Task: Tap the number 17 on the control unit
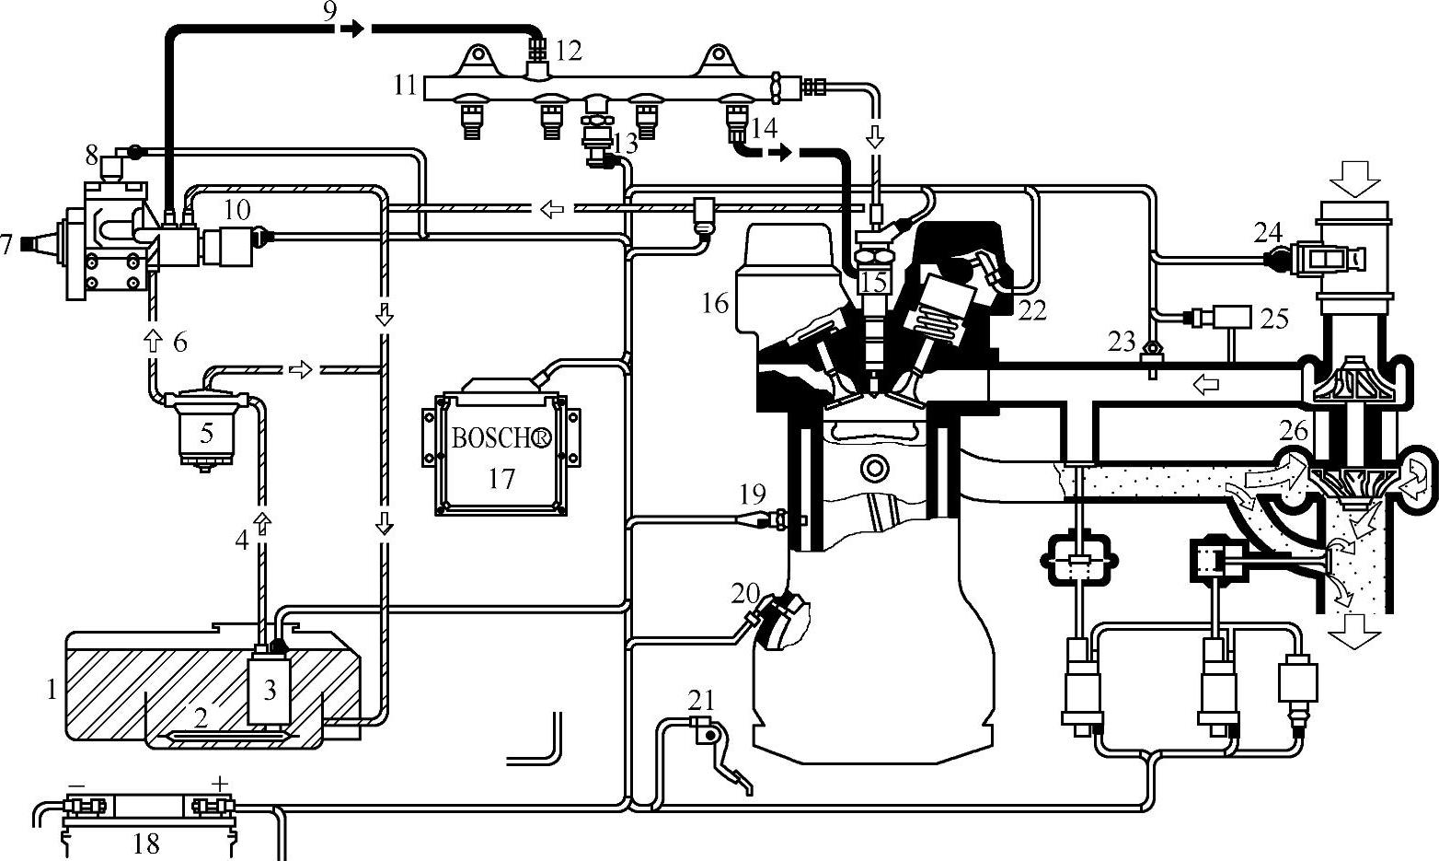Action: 501,479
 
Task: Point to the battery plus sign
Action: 219,784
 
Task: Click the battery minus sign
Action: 77,785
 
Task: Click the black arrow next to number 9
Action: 350,29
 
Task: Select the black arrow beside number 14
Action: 779,152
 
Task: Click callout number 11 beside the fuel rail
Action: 406,86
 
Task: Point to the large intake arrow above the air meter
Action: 1361,177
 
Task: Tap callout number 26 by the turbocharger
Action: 1295,430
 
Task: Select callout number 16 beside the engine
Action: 715,302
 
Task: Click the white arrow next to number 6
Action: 154,342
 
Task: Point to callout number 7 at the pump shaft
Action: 7,245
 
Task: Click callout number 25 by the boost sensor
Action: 1273,318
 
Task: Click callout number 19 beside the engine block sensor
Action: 752,496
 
